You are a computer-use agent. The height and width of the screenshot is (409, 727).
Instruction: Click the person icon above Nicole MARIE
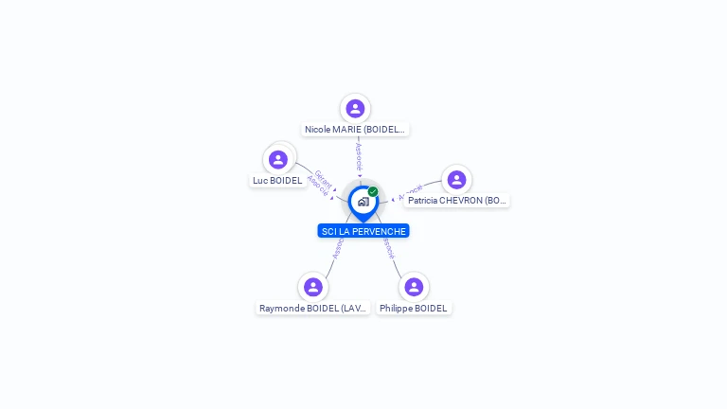click(x=355, y=109)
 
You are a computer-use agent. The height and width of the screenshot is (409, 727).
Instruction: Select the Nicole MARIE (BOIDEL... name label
click(x=355, y=130)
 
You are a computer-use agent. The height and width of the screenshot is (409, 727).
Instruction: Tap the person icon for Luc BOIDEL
click(x=277, y=159)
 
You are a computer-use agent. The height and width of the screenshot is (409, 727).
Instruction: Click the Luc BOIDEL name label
click(x=277, y=181)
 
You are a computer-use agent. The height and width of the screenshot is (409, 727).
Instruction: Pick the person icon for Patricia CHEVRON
click(x=456, y=180)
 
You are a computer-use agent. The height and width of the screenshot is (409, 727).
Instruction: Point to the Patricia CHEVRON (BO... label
click(x=457, y=201)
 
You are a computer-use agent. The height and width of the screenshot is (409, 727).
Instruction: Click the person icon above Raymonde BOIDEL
click(x=313, y=287)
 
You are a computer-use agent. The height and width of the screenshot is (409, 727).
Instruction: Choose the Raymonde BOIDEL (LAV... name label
click(x=312, y=309)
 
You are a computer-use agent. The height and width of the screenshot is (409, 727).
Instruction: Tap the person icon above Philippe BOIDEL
click(x=414, y=287)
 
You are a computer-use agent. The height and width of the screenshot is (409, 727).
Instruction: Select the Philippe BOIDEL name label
click(x=414, y=309)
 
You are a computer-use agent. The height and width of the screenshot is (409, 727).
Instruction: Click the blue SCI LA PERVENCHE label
click(x=363, y=231)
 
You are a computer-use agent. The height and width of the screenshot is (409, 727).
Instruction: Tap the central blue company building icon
click(x=363, y=201)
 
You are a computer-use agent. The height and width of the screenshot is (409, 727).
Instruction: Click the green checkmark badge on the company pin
click(x=373, y=191)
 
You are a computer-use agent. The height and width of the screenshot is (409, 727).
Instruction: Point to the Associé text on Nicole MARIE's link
click(x=359, y=156)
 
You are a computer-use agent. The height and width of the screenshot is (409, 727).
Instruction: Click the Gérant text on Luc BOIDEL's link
click(x=324, y=177)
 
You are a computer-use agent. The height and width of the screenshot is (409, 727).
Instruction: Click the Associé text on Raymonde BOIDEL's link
click(x=338, y=248)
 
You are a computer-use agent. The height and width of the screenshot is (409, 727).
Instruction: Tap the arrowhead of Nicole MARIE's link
click(x=360, y=175)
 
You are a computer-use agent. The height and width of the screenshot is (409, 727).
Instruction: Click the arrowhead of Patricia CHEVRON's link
click(x=393, y=200)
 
